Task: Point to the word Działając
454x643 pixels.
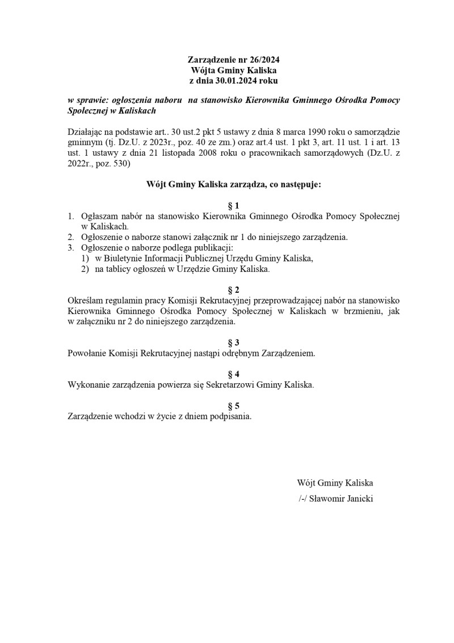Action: click(86, 131)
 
